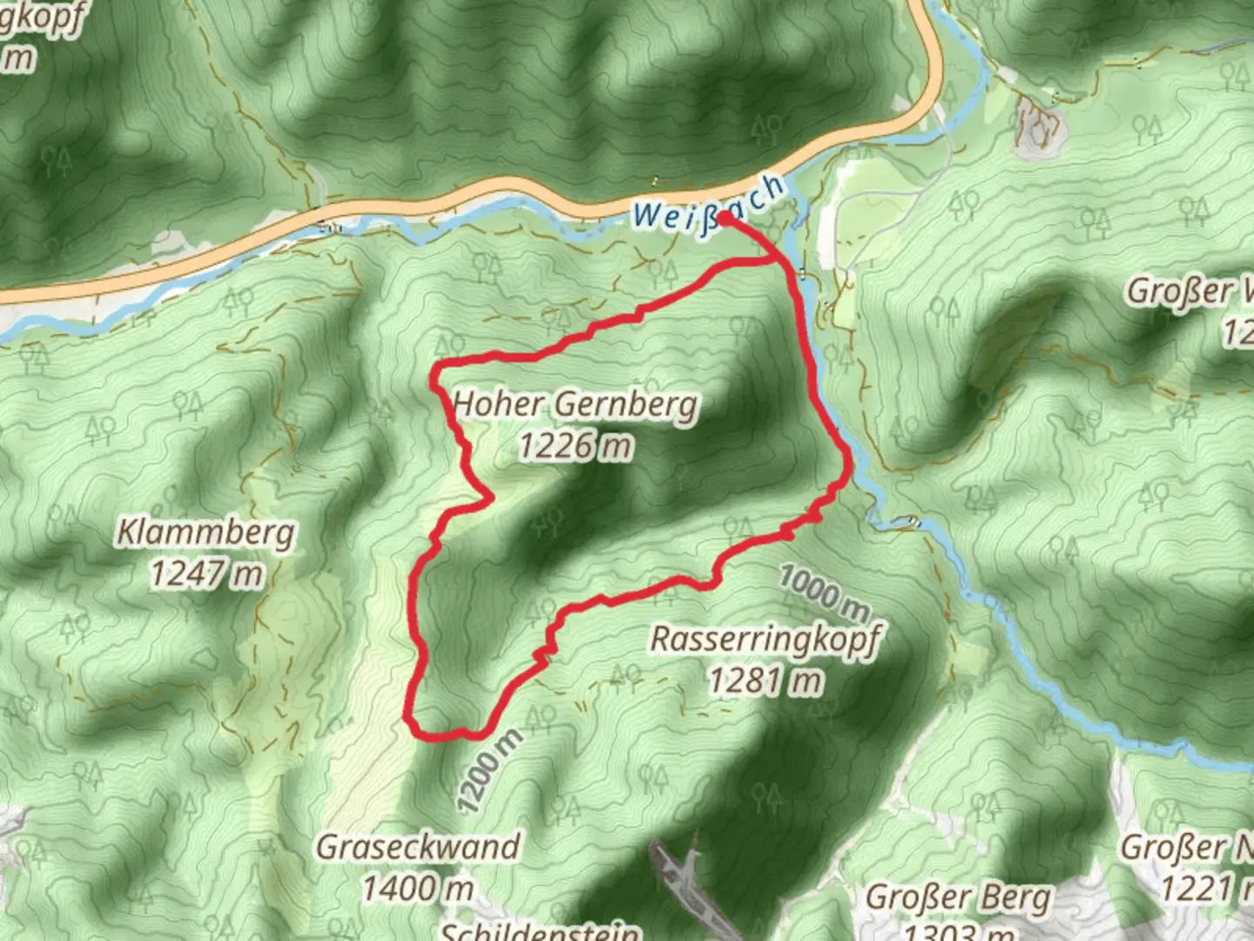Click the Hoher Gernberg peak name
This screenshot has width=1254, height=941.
[x=576, y=405]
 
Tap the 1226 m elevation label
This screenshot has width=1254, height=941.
[x=576, y=446]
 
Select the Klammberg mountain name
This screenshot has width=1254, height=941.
[x=206, y=532]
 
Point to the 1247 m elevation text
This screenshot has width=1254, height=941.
[x=206, y=574]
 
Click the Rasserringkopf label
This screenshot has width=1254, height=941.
[x=765, y=639]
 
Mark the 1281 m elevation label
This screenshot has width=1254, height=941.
[x=765, y=680]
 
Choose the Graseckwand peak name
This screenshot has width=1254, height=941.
[x=418, y=847]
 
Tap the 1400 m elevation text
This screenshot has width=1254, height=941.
[x=418, y=889]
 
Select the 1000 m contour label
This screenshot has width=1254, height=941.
[x=824, y=590]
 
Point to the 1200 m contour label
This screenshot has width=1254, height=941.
[x=489, y=771]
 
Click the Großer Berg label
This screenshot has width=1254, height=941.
[x=958, y=897]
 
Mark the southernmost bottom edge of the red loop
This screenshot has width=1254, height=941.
[x=453, y=736]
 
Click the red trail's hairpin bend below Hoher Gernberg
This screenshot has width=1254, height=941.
[x=489, y=498]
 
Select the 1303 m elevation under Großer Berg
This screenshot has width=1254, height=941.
[x=958, y=932]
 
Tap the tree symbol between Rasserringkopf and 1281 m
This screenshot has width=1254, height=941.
[x=627, y=674]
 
